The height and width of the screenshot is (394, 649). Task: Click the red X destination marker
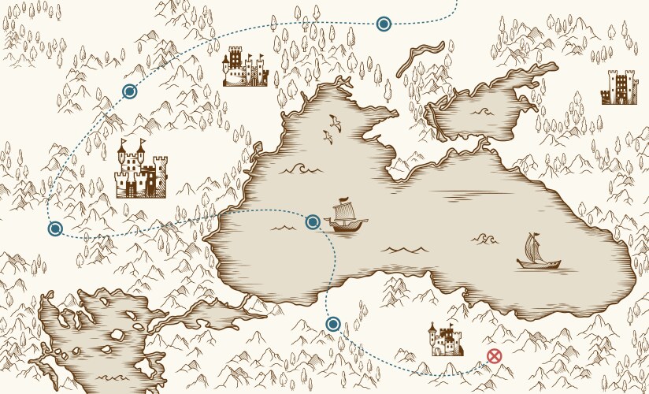click(x=494, y=356)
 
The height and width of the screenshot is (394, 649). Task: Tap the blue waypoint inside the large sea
click(x=313, y=222)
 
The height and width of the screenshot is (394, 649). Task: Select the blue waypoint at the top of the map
click(x=384, y=24)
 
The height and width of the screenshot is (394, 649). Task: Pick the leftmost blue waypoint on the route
click(x=55, y=229)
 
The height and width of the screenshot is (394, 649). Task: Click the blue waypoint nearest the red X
click(x=333, y=324)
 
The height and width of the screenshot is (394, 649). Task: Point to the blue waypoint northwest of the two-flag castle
click(x=130, y=91)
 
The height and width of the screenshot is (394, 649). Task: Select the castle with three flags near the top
click(x=244, y=68)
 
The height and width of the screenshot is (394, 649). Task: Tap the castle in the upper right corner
click(x=618, y=87)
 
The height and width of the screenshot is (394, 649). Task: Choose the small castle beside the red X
click(x=445, y=340)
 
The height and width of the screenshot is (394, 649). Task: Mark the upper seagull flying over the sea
click(x=335, y=122)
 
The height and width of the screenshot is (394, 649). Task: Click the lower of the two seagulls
click(x=327, y=136)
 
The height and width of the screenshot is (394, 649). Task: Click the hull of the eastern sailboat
click(x=539, y=264)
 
